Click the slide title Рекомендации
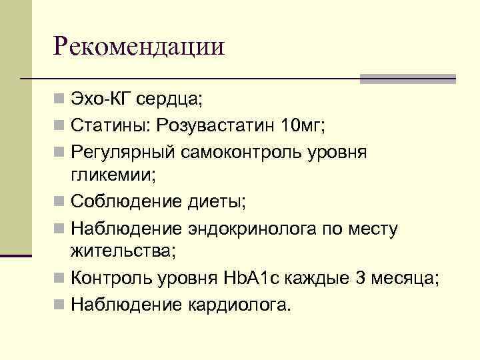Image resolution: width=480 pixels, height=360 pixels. [139, 47]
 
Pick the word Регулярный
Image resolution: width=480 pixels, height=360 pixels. [123, 151]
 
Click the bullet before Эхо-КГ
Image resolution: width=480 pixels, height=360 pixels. [60, 101]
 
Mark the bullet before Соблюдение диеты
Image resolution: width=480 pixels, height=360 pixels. [60, 201]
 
